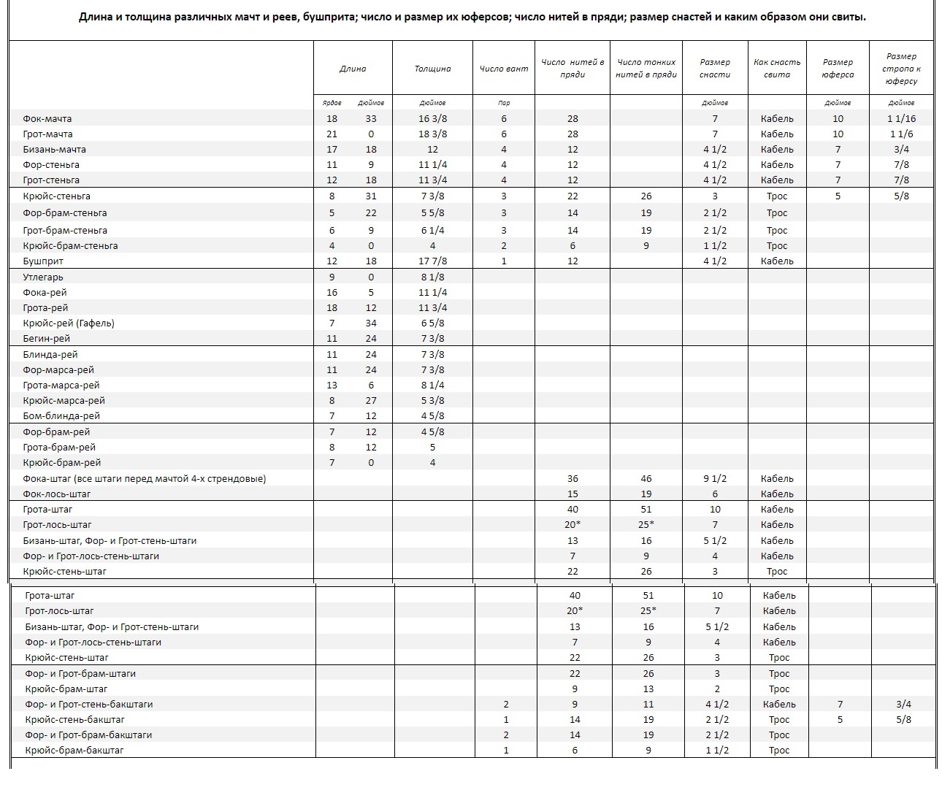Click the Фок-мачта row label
(x=47, y=118)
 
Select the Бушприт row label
(x=43, y=261)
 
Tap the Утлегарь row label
(x=43, y=277)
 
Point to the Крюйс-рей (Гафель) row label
(x=69, y=323)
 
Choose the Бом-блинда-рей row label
(x=61, y=415)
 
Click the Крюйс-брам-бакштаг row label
(x=74, y=750)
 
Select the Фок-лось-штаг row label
(x=57, y=494)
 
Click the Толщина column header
(x=432, y=69)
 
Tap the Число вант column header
(x=504, y=69)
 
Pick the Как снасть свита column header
(x=777, y=69)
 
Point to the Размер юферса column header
(x=838, y=69)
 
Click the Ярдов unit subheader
(x=332, y=103)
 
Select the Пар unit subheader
(x=504, y=103)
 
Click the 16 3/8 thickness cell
(x=432, y=118)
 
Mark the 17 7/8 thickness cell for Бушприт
(x=432, y=261)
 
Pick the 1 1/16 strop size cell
(x=901, y=118)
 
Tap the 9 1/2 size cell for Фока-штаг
(x=714, y=478)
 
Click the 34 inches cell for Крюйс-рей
(x=371, y=323)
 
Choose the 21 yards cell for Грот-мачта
(x=332, y=134)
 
